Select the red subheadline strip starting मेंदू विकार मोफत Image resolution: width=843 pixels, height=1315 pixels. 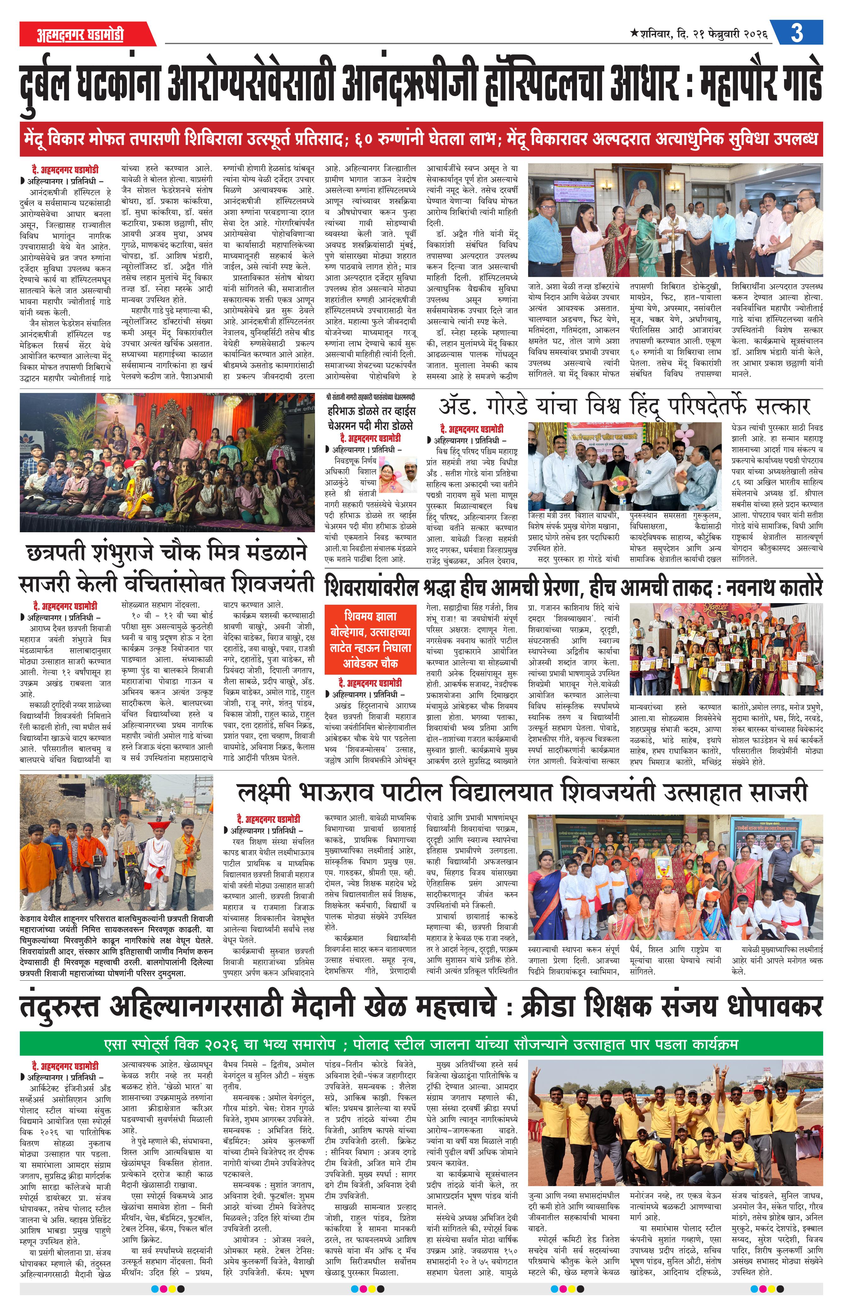click(x=421, y=139)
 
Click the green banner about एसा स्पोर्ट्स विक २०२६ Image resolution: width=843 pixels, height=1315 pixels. click(x=421, y=1044)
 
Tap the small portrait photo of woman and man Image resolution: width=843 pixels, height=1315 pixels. click(x=398, y=475)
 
